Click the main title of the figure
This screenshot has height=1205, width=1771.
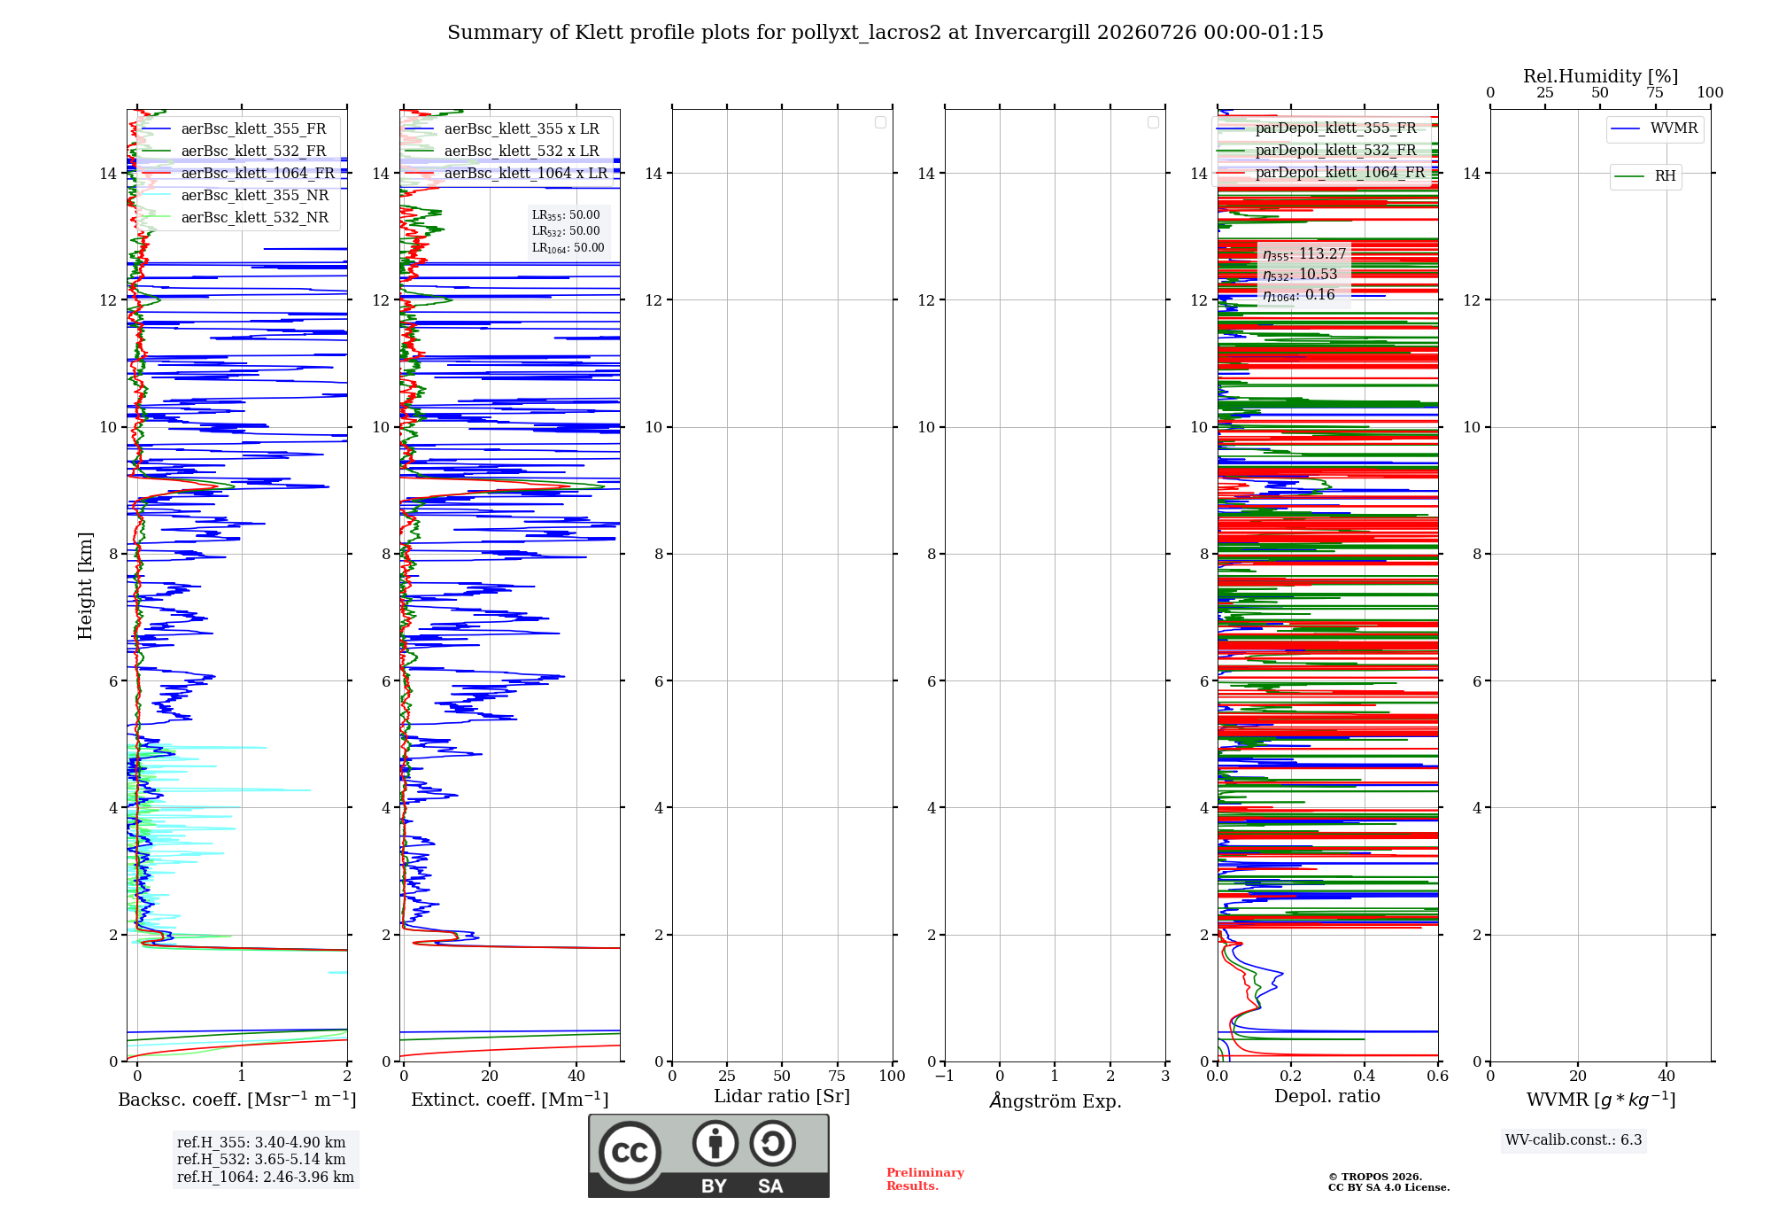885,33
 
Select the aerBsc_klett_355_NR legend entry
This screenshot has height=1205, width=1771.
235,195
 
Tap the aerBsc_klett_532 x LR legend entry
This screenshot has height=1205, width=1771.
501,151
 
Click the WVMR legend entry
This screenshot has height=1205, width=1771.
1654,128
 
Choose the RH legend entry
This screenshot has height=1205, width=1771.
1644,176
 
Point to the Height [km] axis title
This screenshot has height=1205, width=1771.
85,586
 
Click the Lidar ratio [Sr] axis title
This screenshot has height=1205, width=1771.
782,1097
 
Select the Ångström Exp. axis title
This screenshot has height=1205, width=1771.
1056,1100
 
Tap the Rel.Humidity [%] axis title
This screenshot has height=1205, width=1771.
1601,76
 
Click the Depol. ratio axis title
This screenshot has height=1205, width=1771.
1327,1097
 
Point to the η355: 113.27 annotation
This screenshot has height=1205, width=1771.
1304,254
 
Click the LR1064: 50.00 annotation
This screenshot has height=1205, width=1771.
568,248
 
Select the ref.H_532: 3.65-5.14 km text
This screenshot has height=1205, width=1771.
261,1159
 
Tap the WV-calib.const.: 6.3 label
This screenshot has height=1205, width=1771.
1574,1140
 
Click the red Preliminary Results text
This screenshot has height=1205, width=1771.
925,1179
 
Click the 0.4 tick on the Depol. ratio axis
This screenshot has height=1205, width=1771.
1365,1076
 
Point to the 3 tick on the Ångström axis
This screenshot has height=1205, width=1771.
1165,1076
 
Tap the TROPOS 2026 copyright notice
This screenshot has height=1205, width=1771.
1388,1182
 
